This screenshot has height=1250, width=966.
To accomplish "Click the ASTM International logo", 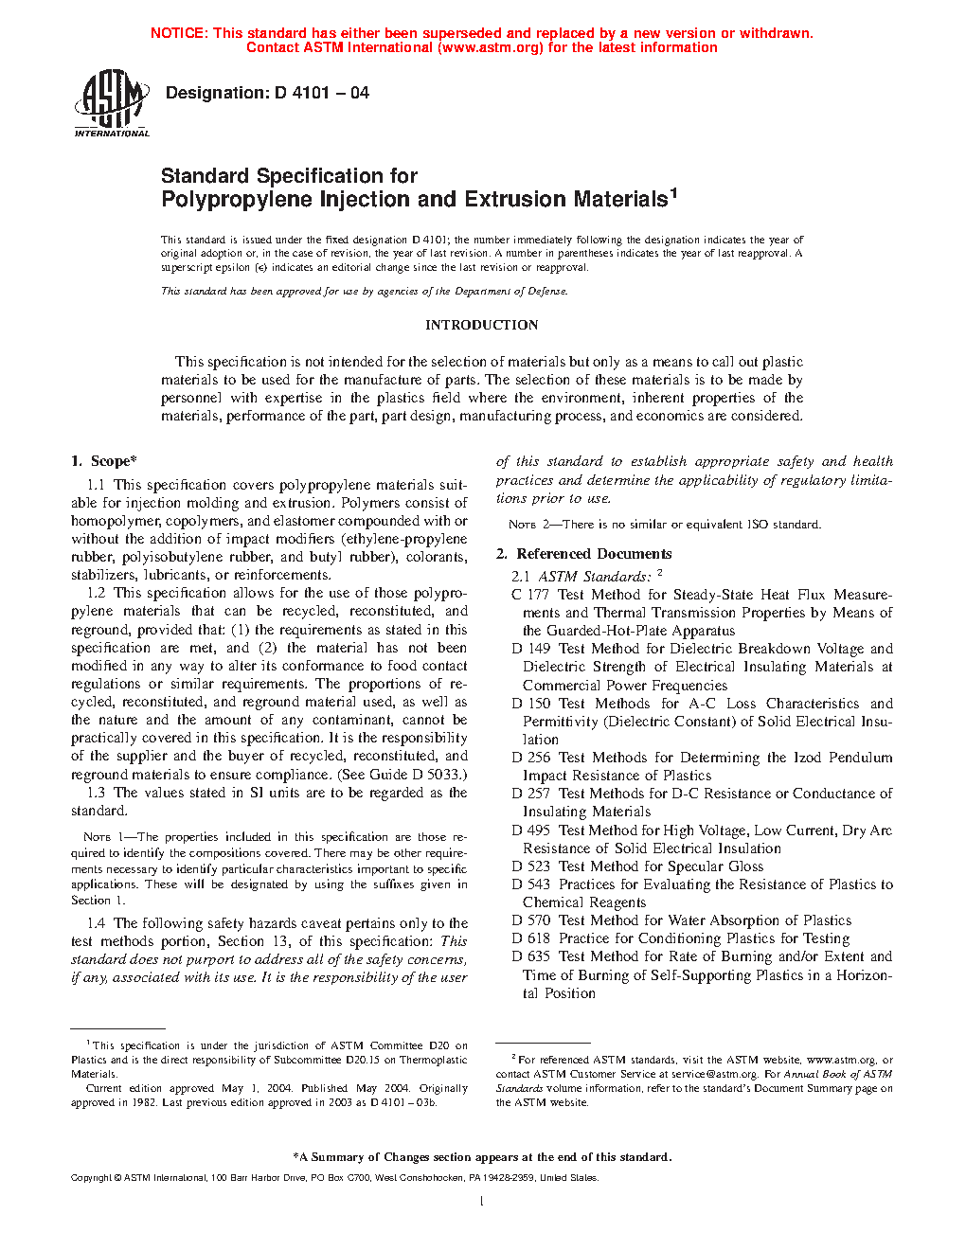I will click(112, 103).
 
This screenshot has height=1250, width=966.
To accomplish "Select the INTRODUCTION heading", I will click(481, 325).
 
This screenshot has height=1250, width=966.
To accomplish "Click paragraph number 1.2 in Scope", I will click(97, 593).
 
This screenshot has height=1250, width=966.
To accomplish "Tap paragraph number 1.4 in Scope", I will click(97, 923).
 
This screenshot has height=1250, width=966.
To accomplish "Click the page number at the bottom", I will click(482, 1202).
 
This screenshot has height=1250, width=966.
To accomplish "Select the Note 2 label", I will click(522, 525).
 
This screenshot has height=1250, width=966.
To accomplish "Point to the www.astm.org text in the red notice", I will click(490, 47).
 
